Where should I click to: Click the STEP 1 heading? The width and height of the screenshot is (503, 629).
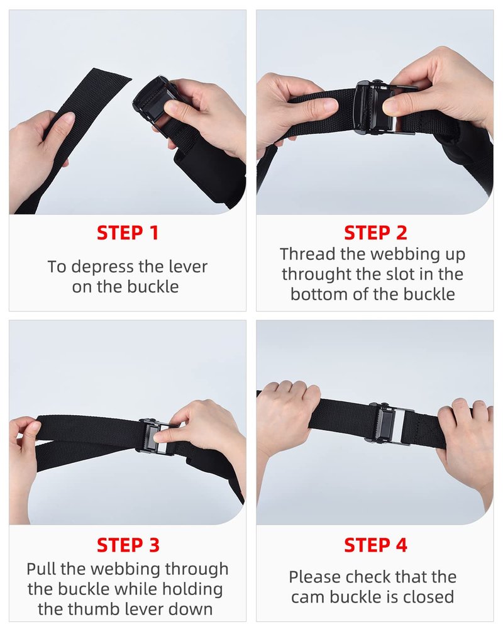coord(128,233)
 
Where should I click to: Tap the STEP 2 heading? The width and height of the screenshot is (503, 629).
coord(375,233)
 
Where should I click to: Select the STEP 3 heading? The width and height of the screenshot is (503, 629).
coord(128,545)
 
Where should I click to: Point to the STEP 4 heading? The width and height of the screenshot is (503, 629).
coord(375,545)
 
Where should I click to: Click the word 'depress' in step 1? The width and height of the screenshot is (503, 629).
coord(102,267)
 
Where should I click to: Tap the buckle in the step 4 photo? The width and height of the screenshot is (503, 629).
coord(390,423)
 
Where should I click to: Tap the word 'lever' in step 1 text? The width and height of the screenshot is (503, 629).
coord(188,267)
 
